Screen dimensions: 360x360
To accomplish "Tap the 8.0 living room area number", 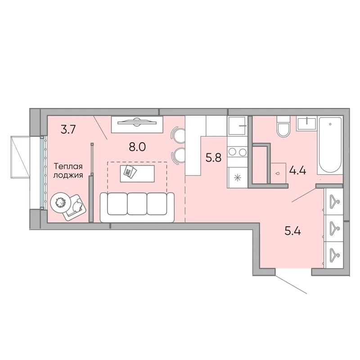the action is pos(137,147).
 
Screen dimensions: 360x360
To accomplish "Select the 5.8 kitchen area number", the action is pos(213,158).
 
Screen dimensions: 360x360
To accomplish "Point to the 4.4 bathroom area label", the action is pos(297,171).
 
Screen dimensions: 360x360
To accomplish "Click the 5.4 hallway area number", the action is pos(293,231).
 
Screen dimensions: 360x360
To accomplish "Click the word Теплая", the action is pos(68,166).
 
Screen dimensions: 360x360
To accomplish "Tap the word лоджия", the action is pos(68,175).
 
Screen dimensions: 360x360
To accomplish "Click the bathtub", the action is pos(330,145).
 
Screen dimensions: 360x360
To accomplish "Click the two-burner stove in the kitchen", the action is pos(237,152).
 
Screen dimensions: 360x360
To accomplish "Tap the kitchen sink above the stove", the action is pos(238,126).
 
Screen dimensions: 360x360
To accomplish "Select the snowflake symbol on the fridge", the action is pos(237,177).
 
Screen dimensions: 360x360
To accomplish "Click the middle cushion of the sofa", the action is pos(137,204).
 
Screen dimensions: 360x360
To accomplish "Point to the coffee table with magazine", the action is pos(137,173).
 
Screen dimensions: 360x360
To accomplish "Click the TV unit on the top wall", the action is pos(137,124).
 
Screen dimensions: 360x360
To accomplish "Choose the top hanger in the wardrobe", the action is pos(334,201).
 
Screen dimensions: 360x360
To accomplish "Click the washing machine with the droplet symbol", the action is pos(278,173).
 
